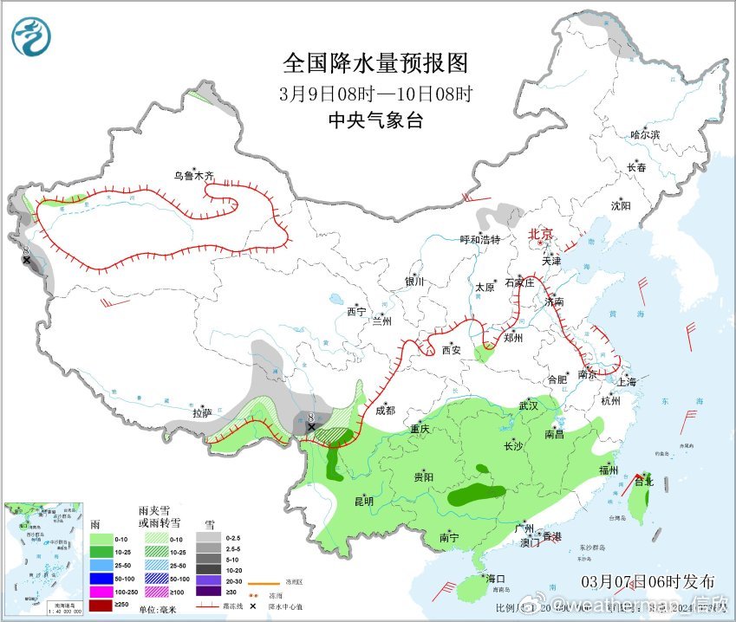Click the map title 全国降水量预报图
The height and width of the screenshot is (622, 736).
(x=375, y=63)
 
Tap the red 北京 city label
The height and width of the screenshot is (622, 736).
(x=541, y=234)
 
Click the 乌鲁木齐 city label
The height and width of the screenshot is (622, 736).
(x=192, y=176)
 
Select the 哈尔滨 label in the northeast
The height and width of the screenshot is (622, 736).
(x=645, y=135)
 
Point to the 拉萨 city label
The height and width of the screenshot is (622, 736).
(x=202, y=413)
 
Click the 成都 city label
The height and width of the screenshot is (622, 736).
(x=385, y=411)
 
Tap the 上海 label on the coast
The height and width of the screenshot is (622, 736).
(x=625, y=382)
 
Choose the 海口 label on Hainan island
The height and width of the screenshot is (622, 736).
(x=494, y=578)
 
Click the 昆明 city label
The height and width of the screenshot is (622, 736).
(x=363, y=501)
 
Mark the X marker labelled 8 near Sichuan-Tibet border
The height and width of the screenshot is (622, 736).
(x=311, y=426)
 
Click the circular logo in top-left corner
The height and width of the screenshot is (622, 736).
(x=31, y=36)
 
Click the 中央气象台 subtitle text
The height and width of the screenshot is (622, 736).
(x=375, y=121)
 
